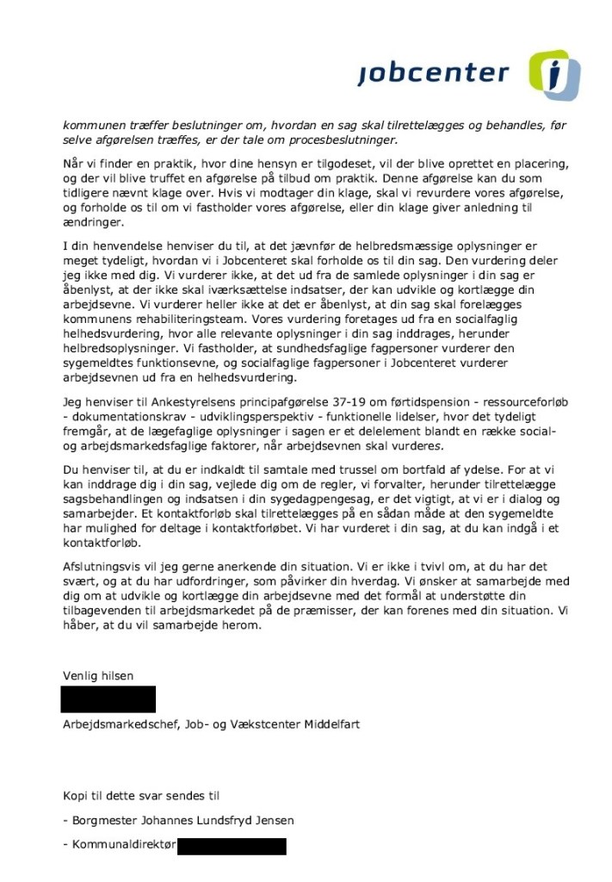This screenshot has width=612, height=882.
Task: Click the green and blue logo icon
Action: click(x=553, y=74)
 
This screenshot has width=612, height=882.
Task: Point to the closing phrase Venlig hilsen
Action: click(x=98, y=676)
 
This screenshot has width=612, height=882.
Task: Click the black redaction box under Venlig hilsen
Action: click(x=108, y=699)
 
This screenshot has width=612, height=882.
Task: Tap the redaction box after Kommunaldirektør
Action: click(x=232, y=846)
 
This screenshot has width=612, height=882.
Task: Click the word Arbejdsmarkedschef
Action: click(x=120, y=724)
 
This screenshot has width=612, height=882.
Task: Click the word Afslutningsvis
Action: click(x=102, y=568)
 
